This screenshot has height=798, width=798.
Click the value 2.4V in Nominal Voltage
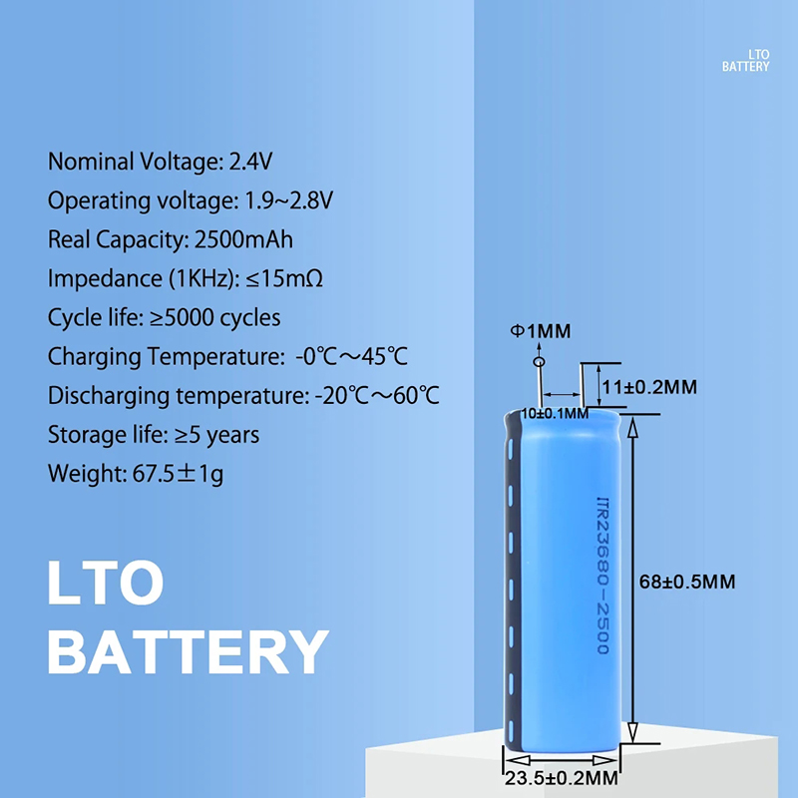250,162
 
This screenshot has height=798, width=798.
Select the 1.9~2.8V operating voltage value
289,200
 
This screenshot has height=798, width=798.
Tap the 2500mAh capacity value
243,239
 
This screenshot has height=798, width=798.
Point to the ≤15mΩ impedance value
284,278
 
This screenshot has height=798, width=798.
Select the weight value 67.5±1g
179,473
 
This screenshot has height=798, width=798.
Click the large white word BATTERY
188,652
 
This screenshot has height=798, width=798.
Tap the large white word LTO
106,583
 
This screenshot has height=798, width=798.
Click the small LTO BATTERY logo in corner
745,60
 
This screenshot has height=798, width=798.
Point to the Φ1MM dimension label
541,331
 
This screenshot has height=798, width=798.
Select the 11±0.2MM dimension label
649,387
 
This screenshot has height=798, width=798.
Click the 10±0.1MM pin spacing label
555,413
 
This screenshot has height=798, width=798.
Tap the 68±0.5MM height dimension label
687,582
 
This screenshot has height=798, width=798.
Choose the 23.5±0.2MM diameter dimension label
562,778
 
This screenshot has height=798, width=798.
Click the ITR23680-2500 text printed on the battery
603,576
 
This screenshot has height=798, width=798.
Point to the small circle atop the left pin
539,362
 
